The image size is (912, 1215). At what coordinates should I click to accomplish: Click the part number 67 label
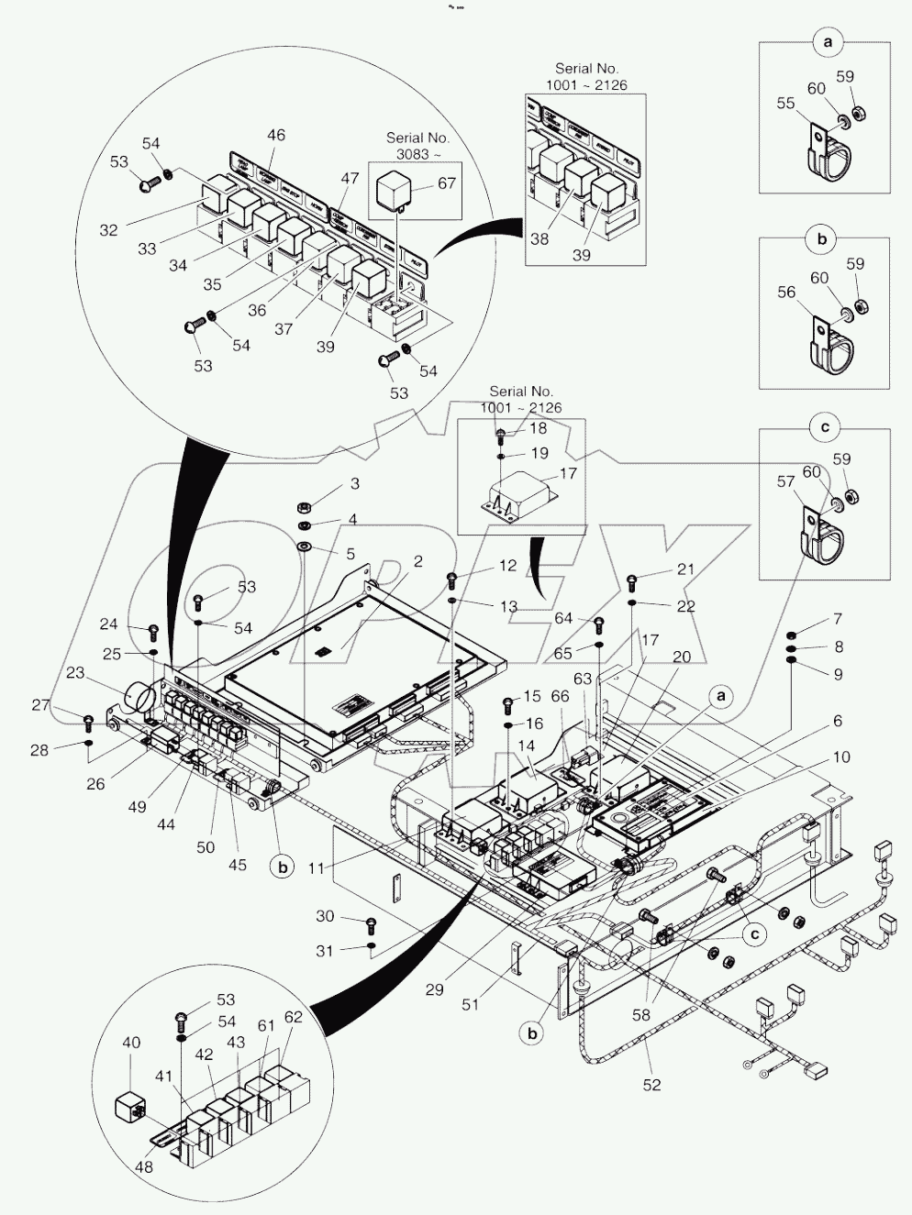pyautogui.click(x=447, y=183)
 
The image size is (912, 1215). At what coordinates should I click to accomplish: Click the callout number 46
pyautogui.click(x=275, y=135)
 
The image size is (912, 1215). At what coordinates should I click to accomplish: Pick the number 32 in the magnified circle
pyautogui.click(x=108, y=230)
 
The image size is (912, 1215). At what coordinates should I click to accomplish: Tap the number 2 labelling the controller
pyautogui.click(x=418, y=561)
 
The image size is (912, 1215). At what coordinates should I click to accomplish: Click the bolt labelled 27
pyautogui.click(x=88, y=721)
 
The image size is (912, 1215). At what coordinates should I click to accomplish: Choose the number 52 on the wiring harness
pyautogui.click(x=652, y=1085)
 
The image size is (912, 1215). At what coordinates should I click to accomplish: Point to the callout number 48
pyautogui.click(x=143, y=1167)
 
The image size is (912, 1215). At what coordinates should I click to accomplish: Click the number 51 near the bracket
pyautogui.click(x=470, y=1004)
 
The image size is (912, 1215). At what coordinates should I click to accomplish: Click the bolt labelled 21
pyautogui.click(x=633, y=580)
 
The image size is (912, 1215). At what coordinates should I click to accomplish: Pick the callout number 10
pyautogui.click(x=840, y=757)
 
